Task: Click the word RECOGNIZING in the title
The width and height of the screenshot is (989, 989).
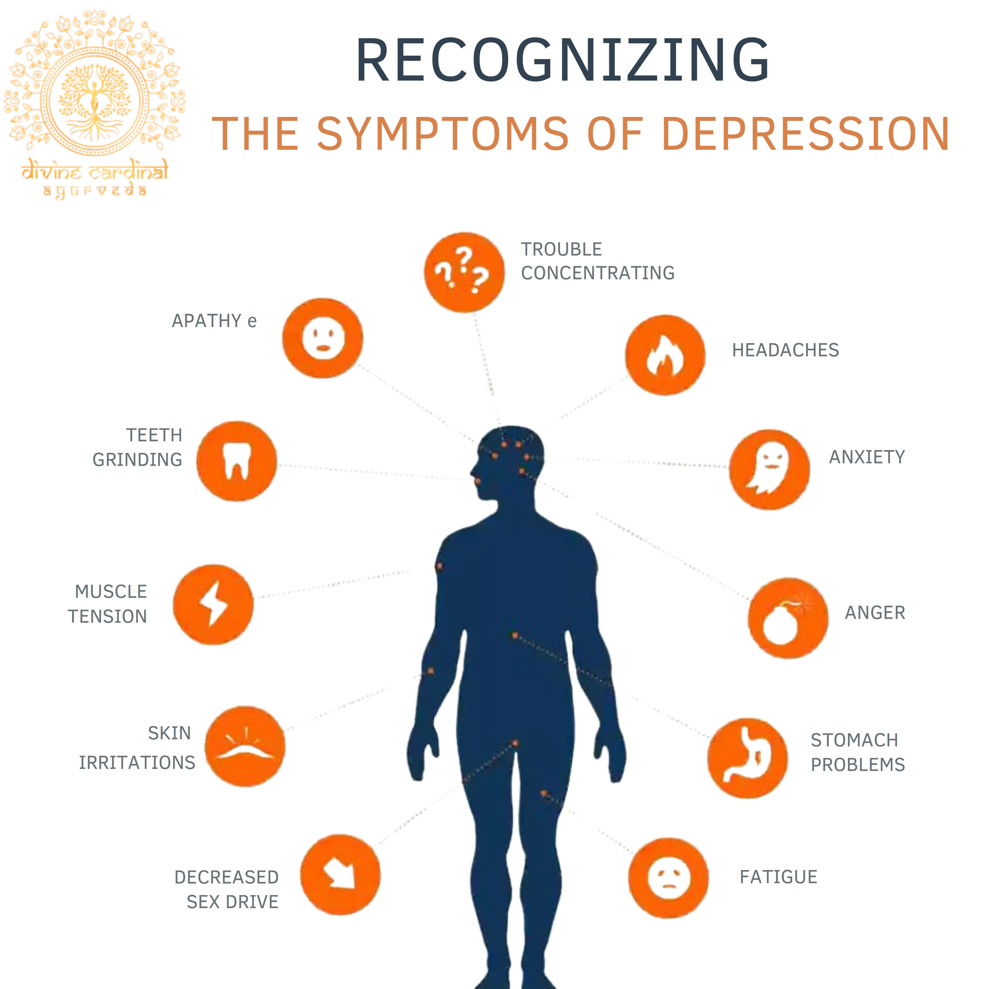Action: pos(562,60)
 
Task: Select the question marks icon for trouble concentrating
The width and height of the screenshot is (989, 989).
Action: pos(464,272)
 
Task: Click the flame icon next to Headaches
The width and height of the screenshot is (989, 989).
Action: pos(664,355)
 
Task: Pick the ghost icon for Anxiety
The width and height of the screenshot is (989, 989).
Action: pos(769,469)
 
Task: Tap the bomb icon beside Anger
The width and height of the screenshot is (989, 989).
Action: pos(787,618)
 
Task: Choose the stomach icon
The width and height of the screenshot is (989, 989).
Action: pos(747,758)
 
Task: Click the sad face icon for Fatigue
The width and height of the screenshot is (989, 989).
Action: pos(668,878)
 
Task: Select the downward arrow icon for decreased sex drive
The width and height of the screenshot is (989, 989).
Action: pos(340,875)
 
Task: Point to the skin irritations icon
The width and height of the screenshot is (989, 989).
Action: pos(244,747)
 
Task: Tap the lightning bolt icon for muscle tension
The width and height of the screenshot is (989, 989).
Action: pos(213,604)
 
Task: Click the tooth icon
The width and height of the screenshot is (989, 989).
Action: pos(236,461)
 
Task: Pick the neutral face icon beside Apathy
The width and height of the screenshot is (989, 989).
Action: pos(323,338)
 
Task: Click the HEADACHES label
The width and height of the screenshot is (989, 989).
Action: pos(785,350)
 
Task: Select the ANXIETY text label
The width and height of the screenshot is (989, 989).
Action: pos(867,457)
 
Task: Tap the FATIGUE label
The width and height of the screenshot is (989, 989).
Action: pos(778,877)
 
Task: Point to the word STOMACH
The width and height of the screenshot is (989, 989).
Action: pos(854,740)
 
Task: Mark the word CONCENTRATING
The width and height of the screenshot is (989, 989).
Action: pos(597,273)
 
